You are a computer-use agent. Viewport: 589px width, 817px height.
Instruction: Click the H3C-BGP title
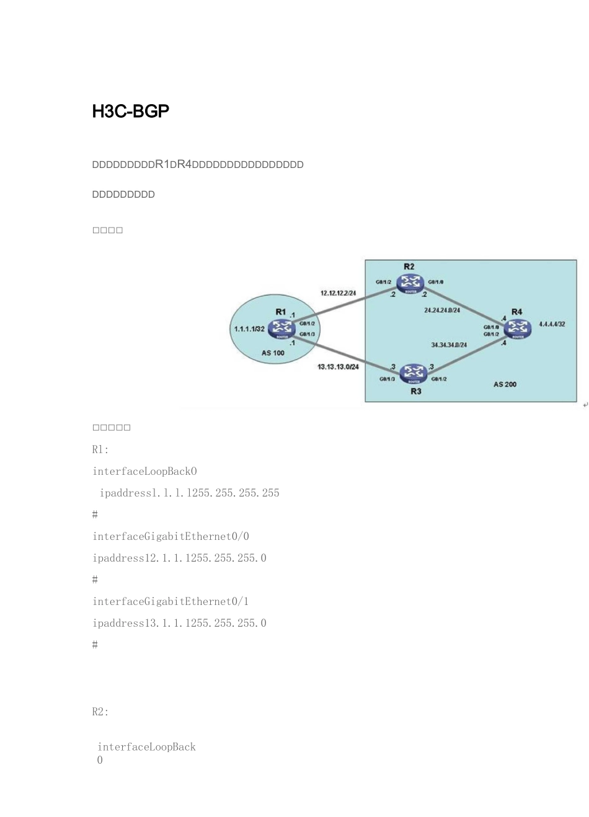coord(130,112)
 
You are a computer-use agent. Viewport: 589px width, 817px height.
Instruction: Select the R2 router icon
coord(409,283)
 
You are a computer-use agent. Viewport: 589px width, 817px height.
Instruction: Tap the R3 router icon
coord(412,373)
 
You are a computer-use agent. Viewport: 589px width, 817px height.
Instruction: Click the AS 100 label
coord(273,353)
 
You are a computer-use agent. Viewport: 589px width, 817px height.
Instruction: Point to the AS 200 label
coord(505,384)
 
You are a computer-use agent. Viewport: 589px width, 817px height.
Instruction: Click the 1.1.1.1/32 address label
coord(249,329)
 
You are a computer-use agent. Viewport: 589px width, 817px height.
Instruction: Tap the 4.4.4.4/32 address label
coord(552,324)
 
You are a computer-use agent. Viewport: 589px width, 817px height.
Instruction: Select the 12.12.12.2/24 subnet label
coord(338,293)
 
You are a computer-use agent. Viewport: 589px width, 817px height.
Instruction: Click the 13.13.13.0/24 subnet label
coord(338,367)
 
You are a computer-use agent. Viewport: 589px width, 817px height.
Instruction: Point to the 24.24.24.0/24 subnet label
coord(442,310)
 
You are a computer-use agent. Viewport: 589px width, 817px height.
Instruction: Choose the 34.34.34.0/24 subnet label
coord(449,345)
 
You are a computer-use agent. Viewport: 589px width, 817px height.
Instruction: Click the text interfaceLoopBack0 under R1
coord(144,471)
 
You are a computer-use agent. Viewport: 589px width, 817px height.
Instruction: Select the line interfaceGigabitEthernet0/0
coord(170,536)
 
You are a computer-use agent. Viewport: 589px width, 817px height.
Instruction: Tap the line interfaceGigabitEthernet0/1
coord(170,601)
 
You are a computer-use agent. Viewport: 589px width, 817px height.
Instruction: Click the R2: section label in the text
coord(100,712)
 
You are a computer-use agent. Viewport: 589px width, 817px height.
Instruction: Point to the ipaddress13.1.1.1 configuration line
coord(179,623)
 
